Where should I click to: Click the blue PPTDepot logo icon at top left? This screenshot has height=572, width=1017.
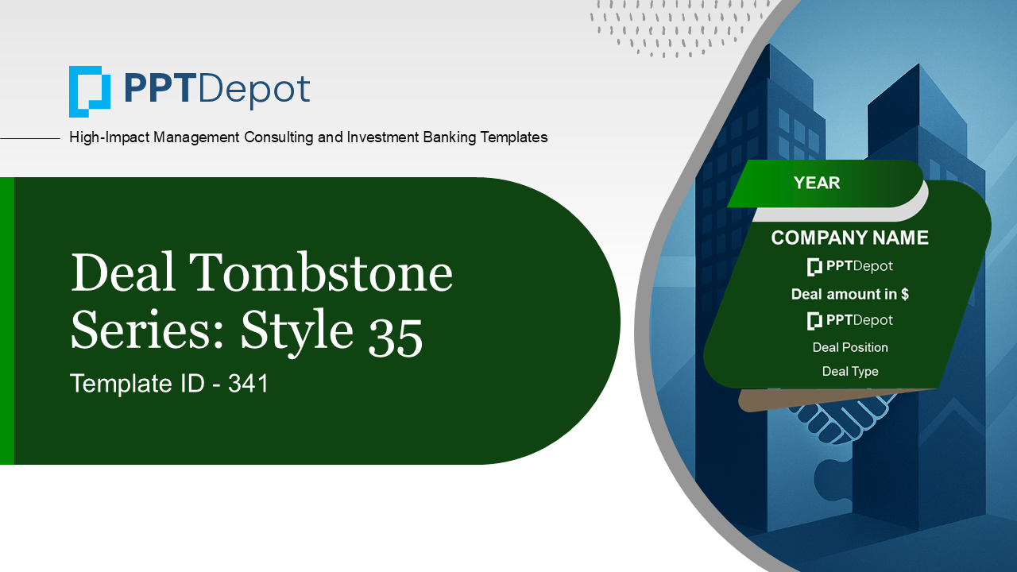tap(90, 91)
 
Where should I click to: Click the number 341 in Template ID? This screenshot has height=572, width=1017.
tap(248, 384)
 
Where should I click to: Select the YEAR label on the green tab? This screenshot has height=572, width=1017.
tap(816, 183)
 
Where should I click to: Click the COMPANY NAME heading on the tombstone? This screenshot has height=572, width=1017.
tap(849, 238)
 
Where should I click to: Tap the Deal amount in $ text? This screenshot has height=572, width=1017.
tap(849, 294)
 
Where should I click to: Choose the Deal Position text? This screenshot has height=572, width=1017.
tap(850, 347)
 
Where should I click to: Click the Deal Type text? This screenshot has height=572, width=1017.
tap(850, 371)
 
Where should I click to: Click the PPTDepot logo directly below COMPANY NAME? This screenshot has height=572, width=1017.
tap(849, 266)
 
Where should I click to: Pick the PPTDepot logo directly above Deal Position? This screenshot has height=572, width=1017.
tap(849, 320)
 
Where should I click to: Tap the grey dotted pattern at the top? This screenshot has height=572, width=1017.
tap(675, 28)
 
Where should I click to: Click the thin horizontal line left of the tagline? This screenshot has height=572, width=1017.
tap(30, 138)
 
